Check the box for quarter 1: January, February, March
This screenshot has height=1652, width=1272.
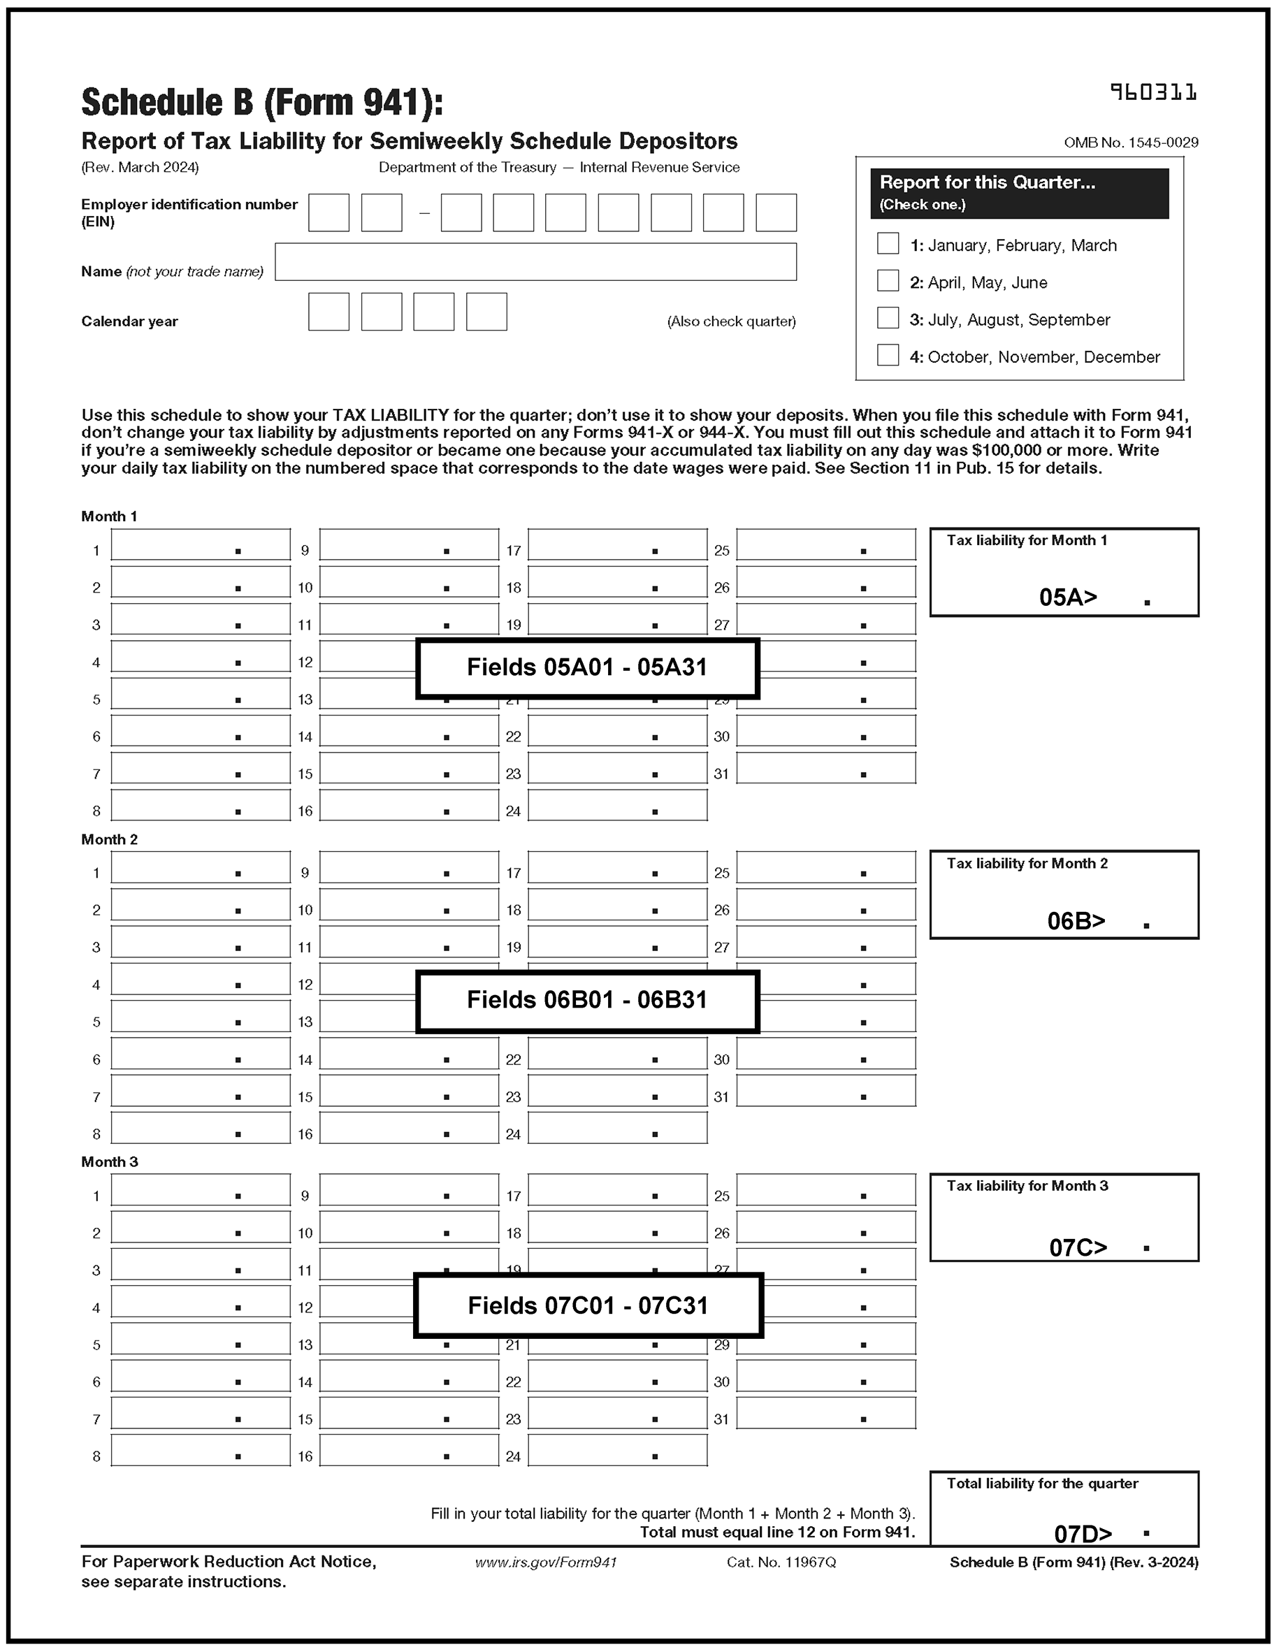pos(887,244)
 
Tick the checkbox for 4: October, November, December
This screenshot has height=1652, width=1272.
pos(887,355)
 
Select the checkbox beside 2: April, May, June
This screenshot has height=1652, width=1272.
pos(887,281)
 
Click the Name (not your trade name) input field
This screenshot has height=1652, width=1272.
pos(535,262)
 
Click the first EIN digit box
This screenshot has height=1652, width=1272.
pos(328,212)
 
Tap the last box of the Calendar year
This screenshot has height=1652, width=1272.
pos(486,312)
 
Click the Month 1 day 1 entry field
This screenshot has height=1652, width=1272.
pos(201,544)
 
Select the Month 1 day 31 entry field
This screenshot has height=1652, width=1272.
pos(825,768)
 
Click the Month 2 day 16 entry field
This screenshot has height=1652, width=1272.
pos(409,1127)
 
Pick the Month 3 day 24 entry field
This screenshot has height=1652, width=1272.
pos(616,1450)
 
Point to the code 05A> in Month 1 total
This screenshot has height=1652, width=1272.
pos(1067,597)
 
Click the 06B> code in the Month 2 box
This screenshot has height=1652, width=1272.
pos(1076,920)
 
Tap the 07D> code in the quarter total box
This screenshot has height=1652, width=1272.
pos(1082,1533)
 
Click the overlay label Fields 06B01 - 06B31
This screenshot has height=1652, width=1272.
pos(586,1000)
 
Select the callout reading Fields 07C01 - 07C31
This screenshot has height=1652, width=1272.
pos(587,1305)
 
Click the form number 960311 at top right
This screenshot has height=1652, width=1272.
pos(1152,92)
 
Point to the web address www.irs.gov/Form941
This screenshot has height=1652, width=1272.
pos(545,1562)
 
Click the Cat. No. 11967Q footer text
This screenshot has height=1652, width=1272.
pos(780,1562)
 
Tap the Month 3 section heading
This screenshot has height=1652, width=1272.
pos(110,1162)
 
